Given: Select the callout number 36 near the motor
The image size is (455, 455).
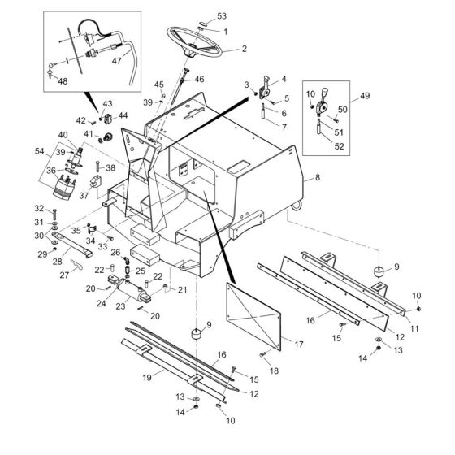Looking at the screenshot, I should (50, 171).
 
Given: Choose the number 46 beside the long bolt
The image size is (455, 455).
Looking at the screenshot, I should (200, 79).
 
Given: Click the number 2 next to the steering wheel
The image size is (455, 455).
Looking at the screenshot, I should (244, 49).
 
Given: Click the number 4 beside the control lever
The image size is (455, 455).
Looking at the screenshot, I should (284, 79).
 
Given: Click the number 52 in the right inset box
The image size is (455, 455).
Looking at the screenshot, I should (340, 146).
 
